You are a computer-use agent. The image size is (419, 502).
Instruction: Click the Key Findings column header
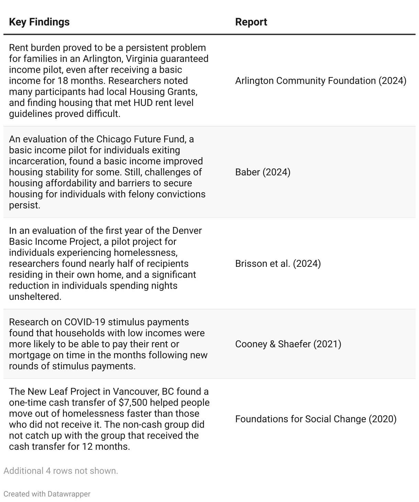pyautogui.click(x=39, y=22)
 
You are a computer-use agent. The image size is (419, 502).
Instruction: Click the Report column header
pyautogui.click(x=251, y=22)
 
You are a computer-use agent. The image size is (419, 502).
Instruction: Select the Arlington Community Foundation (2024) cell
pyautogui.click(x=320, y=81)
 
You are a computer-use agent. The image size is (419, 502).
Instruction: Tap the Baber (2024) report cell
pyautogui.click(x=263, y=172)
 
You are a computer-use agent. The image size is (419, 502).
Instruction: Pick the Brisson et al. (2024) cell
pyautogui.click(x=278, y=264)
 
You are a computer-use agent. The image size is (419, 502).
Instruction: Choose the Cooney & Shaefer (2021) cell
pyautogui.click(x=288, y=344)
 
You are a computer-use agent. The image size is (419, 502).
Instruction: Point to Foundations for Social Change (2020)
pyautogui.click(x=316, y=419)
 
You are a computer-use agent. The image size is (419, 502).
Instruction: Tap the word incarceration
pyautogui.click(x=36, y=161)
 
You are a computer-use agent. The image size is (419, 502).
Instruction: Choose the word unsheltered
pyautogui.click(x=35, y=297)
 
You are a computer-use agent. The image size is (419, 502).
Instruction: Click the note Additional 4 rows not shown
pyautogui.click(x=61, y=471)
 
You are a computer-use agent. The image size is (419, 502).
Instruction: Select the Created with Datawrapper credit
pyautogui.click(x=47, y=494)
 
